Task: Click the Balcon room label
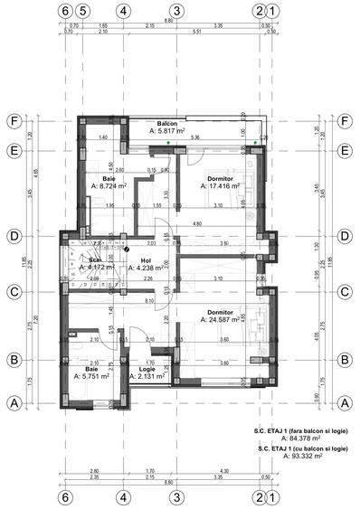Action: (166, 123)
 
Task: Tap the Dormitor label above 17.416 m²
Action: (221, 179)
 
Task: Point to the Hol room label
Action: (145, 260)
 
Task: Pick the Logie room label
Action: (147, 369)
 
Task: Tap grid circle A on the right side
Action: (346, 402)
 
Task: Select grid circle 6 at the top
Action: (64, 12)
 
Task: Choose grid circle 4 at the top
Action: (122, 12)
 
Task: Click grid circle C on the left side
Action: (14, 292)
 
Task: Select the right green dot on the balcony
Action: (256, 141)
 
